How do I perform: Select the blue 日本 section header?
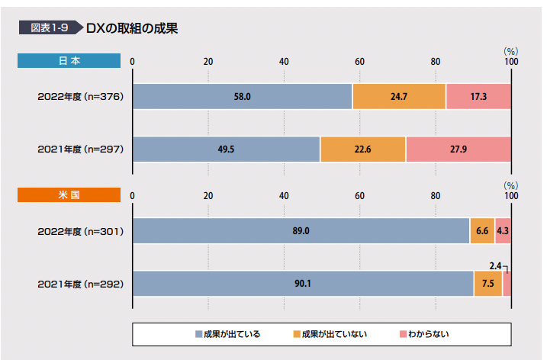coord(69,61)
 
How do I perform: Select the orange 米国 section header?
coord(69,195)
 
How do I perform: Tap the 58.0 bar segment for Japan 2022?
coord(242,97)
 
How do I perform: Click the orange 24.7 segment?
coord(399,97)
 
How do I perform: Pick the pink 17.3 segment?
coord(478,97)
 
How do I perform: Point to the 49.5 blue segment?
coord(226,149)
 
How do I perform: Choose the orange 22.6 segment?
coord(362,149)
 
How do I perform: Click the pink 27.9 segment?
coord(458,149)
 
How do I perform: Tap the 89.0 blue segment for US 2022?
coord(301,230)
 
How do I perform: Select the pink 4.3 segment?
coord(503,230)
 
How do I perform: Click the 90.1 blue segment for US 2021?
coord(303,284)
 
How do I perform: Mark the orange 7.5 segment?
coord(487,284)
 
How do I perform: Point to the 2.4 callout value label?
coord(494,265)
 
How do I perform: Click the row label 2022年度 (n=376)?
coord(80,97)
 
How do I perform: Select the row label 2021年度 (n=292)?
coord(80,284)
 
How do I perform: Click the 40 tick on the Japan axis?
coord(283,61)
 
